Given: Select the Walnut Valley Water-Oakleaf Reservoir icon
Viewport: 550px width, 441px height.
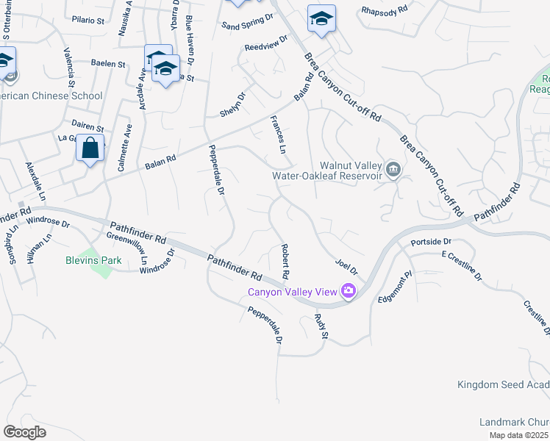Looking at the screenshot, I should (393, 171).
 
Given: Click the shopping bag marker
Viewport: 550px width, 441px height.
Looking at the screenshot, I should (90, 148).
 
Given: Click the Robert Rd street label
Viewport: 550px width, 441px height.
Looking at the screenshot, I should (284, 262).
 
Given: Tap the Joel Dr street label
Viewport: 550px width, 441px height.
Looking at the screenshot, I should (346, 264).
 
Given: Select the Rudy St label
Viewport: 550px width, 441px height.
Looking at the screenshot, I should (321, 326).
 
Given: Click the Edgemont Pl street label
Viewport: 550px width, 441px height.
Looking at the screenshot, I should (392, 286).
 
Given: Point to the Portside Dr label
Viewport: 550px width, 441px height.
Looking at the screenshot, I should (431, 241).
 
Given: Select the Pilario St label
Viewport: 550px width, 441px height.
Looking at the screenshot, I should (88, 21).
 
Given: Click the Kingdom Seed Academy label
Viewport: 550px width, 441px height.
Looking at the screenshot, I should (503, 384).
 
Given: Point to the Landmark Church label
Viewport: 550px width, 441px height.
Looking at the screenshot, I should (514, 422).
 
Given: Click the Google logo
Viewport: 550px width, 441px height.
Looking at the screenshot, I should (24, 431).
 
